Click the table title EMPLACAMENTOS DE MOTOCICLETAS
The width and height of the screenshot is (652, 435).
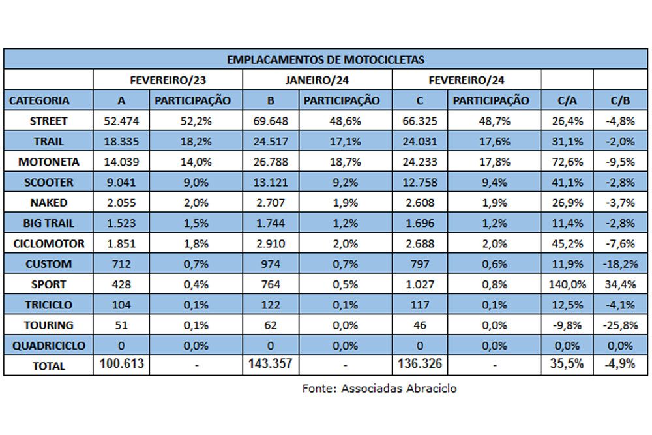(325, 59)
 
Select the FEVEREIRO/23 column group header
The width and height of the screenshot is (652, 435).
(168, 80)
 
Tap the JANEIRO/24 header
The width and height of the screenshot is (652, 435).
(317, 80)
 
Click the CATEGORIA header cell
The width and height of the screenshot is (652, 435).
(39, 100)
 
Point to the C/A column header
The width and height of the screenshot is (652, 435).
(567, 100)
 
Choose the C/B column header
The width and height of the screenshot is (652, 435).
(621, 100)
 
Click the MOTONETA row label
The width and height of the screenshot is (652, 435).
(49, 162)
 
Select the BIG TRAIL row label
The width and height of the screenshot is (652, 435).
(49, 223)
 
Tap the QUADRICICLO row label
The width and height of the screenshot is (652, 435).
(49, 346)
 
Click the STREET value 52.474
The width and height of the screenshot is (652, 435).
(121, 121)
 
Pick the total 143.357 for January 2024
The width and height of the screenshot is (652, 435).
(271, 363)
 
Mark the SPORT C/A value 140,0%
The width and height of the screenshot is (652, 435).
(567, 284)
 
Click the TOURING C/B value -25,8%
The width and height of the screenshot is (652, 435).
(621, 325)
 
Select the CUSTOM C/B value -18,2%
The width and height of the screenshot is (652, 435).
(621, 264)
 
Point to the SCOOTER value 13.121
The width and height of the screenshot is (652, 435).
(271, 182)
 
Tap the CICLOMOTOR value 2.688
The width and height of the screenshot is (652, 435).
(419, 243)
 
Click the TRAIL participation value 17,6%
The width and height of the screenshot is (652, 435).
(494, 142)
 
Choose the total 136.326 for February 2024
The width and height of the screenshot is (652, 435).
(419, 363)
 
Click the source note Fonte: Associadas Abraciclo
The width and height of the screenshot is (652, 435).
(379, 389)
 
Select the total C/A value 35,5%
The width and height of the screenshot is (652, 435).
(567, 363)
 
